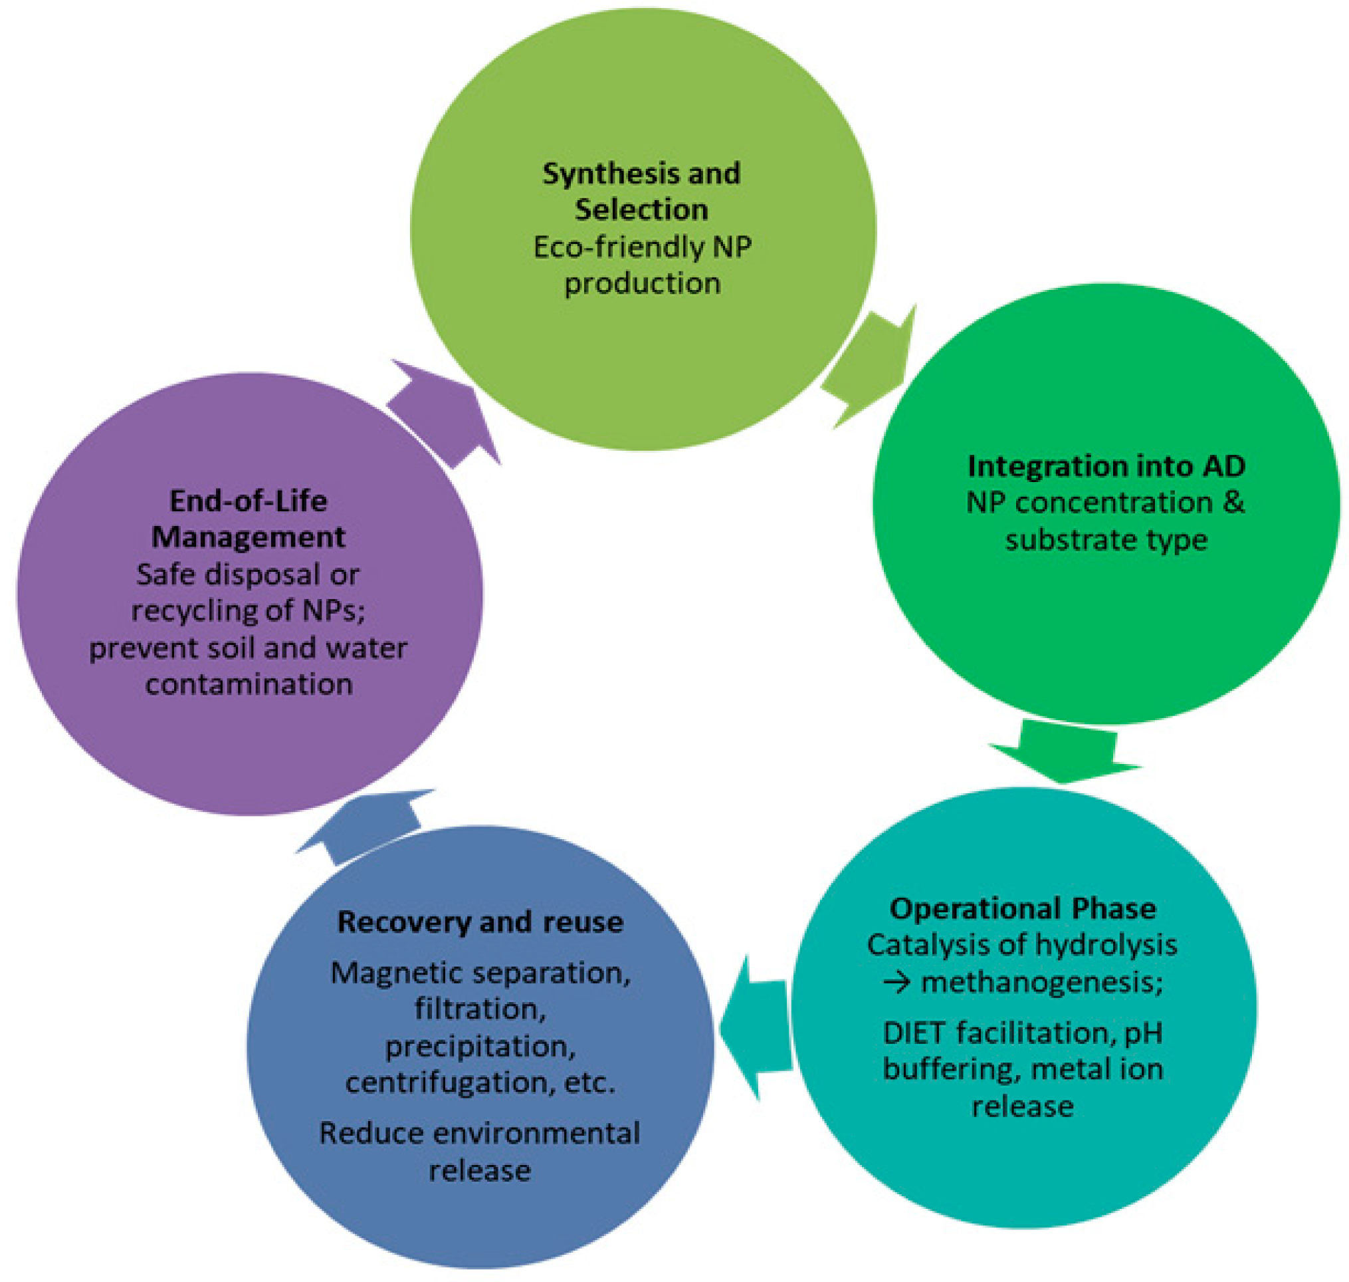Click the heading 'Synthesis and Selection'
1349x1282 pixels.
coord(641,192)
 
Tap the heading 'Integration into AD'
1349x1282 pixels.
coord(1106,466)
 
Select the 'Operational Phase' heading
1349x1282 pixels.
coord(1023,908)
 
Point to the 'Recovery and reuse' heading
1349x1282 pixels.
coord(480,922)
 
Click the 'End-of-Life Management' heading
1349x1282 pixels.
coord(248,519)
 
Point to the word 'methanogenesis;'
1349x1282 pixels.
coord(1041,983)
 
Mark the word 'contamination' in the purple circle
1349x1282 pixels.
coord(249,684)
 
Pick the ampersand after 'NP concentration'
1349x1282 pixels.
coord(1233,503)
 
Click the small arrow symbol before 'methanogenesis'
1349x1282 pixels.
coord(897,983)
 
